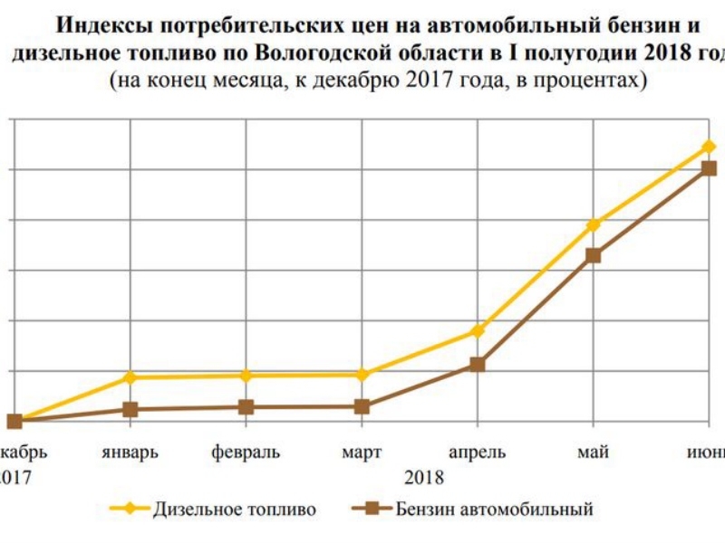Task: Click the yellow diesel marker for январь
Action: tap(130, 376)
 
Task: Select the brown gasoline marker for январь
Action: tap(130, 409)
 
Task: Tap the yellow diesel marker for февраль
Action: tap(246, 375)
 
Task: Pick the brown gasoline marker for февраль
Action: tap(246, 407)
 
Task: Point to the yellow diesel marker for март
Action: tap(362, 374)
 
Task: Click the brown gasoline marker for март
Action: tap(362, 406)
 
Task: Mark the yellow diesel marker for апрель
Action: tap(478, 331)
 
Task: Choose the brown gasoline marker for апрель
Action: tap(478, 365)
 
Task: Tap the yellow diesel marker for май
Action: tap(594, 224)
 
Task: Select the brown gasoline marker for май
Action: tap(594, 255)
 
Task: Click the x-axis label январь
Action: tap(130, 452)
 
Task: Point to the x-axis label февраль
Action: tap(246, 452)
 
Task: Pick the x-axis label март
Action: tap(362, 452)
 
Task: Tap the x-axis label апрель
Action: tap(478, 452)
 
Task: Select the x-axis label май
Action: tap(594, 452)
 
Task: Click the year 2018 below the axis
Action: tap(424, 477)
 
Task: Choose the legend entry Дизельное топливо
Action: tap(234, 509)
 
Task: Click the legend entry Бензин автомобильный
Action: tap(494, 509)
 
